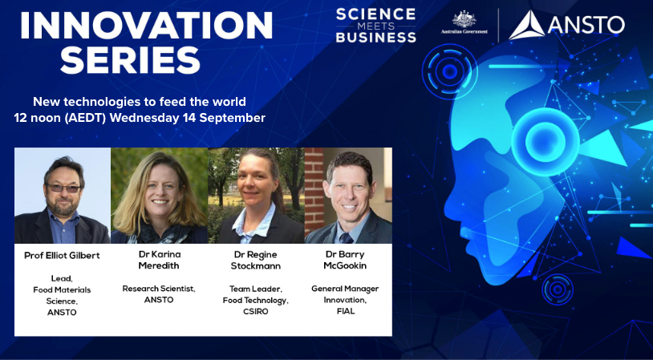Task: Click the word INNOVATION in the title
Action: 146,26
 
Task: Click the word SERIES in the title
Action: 130,59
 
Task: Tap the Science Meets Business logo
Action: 375,26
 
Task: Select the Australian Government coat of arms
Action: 464,19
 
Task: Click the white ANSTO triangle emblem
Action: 526,26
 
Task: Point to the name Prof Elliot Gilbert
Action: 62,256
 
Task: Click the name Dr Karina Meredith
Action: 158,260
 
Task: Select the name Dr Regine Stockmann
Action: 256,260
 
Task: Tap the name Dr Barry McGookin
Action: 345,260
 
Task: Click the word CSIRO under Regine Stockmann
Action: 256,311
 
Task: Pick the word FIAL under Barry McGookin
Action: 345,310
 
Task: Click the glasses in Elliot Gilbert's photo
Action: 63,188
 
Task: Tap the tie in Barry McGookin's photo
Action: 346,238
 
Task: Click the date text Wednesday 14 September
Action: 188,118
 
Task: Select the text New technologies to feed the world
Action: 140,101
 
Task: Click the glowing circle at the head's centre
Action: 545,142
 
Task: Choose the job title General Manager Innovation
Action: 345,293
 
